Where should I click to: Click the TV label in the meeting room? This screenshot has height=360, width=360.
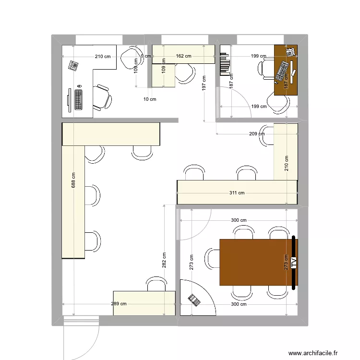293,263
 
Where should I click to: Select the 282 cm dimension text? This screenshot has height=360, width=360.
164,260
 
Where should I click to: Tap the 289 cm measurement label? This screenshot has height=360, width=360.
119,303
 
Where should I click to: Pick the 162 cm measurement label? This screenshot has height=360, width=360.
183,56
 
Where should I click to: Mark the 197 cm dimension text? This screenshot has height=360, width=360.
204,84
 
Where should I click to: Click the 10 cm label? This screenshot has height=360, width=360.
150,99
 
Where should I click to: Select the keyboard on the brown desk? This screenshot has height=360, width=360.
282,71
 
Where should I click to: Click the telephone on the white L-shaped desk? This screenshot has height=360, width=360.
73,65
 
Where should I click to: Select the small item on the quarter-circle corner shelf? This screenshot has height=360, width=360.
194,300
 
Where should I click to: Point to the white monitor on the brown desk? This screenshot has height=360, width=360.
290,52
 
